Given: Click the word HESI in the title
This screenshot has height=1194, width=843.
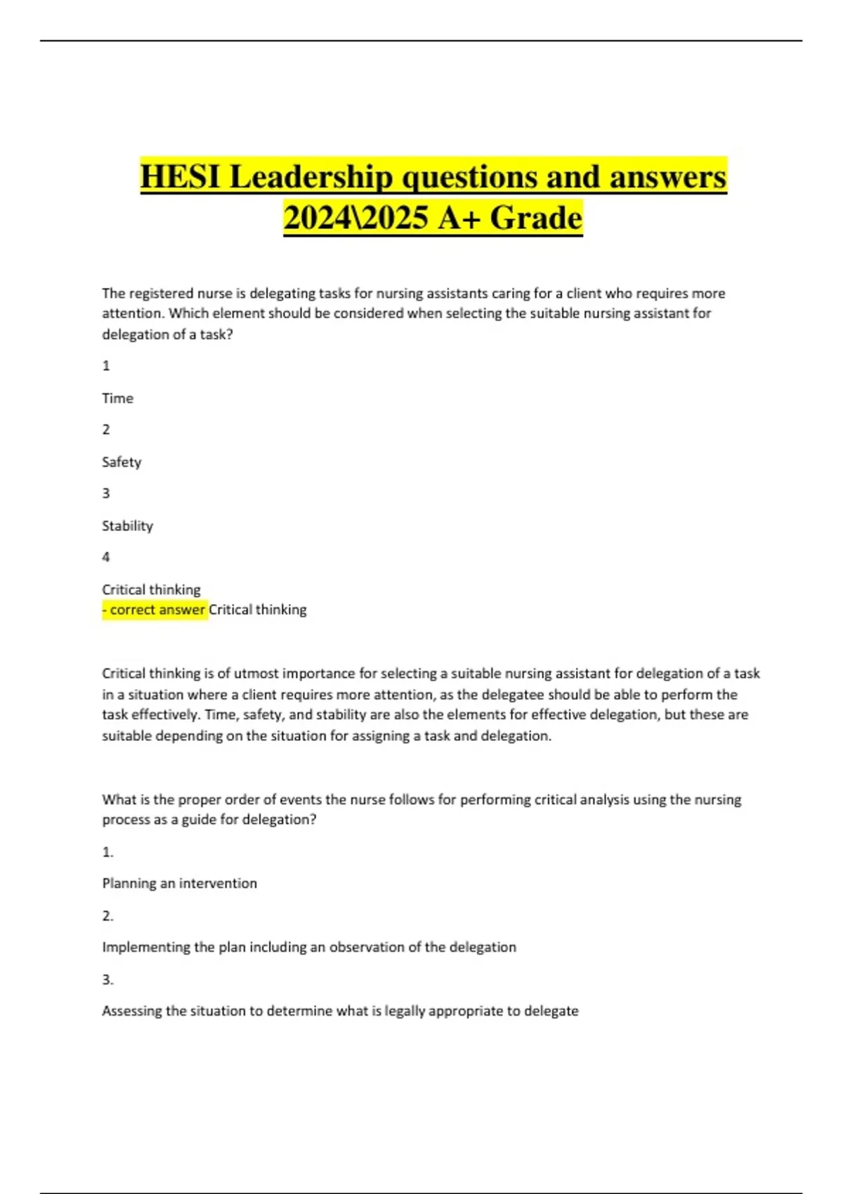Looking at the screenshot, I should [x=181, y=176].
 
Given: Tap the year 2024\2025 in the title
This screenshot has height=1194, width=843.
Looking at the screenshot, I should [x=355, y=218].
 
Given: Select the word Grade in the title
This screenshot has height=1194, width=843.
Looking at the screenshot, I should [x=536, y=218].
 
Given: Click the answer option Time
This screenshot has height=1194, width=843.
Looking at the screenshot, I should [x=117, y=398].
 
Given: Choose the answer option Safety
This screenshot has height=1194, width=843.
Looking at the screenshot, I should [x=122, y=462].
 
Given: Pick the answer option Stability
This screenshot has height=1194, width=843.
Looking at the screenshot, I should [x=127, y=526].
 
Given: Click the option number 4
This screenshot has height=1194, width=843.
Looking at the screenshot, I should [x=106, y=557].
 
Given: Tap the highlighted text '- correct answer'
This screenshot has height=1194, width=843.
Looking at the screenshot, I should [x=155, y=610].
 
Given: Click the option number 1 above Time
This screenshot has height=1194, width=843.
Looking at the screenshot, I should [x=106, y=365].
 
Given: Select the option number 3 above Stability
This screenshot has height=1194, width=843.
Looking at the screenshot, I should [x=106, y=493].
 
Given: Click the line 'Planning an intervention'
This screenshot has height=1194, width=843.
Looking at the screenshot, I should [x=179, y=884].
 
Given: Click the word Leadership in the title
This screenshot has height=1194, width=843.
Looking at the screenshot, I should [x=311, y=176].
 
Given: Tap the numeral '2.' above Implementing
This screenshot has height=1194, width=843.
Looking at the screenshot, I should [x=107, y=916].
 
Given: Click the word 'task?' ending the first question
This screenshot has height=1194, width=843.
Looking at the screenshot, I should [x=216, y=335].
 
